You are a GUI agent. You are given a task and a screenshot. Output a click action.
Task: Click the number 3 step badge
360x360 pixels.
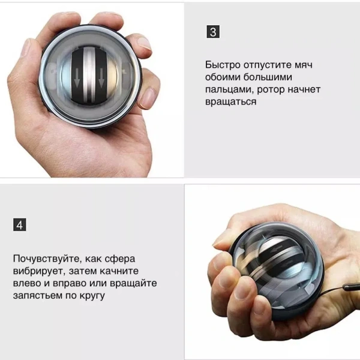click(213, 32)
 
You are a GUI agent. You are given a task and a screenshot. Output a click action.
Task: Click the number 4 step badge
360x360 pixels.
click(20, 225)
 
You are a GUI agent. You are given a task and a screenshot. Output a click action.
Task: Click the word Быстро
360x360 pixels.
click(223, 65)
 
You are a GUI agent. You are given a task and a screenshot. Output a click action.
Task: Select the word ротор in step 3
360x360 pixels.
click(271, 90)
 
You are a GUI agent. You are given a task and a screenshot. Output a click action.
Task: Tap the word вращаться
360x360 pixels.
click(231, 101)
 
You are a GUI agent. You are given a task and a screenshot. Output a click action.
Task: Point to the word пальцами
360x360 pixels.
click(230, 90)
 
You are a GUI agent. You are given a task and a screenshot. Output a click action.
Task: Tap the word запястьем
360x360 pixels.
click(38, 295)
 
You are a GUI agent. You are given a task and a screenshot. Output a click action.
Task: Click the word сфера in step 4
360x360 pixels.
click(120, 259)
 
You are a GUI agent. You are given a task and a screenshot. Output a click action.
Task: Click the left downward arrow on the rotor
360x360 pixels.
click(77, 78)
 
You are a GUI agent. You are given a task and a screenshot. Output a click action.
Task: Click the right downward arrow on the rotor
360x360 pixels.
click(101, 78)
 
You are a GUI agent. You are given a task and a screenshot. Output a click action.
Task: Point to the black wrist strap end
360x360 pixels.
click(352, 287)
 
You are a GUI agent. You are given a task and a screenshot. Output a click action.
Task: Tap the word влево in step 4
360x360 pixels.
click(27, 283)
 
